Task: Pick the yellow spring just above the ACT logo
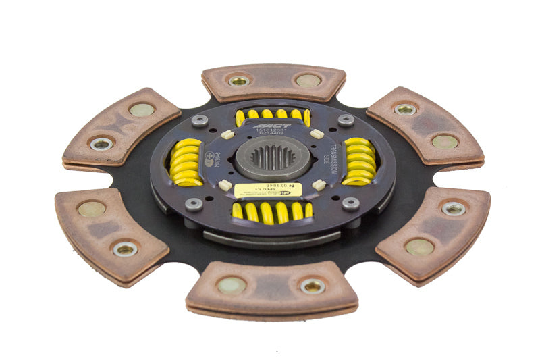tap(273, 115)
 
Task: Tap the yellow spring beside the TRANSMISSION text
tap(360, 162)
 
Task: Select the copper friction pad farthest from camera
tap(273, 82)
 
